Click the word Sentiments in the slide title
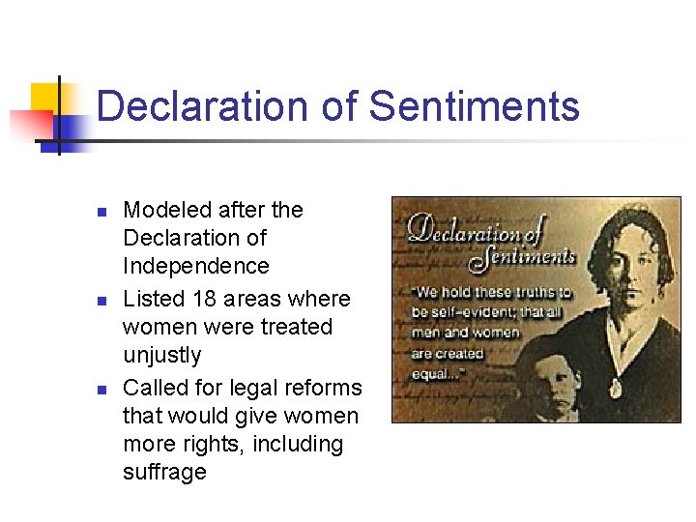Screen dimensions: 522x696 pyautogui.click(x=474, y=106)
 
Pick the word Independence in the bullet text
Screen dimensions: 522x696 pyautogui.click(x=196, y=266)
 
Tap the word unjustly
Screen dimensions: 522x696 pyautogui.click(x=162, y=356)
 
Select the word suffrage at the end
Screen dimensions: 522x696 pyautogui.click(x=164, y=473)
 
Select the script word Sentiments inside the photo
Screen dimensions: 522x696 pyautogui.click(x=522, y=256)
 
